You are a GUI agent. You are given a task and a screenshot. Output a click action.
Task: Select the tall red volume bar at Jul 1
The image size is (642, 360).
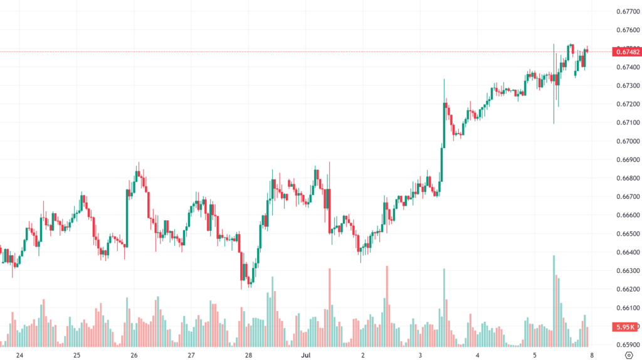click(x=329, y=307)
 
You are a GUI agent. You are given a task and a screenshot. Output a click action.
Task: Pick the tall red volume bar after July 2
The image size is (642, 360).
click(x=387, y=306)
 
